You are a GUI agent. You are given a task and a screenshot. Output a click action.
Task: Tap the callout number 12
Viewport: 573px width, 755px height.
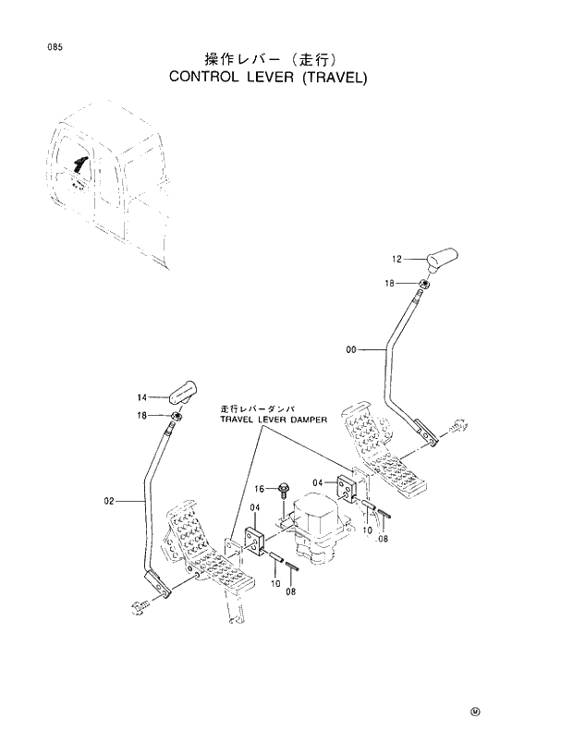pyautogui.click(x=397, y=259)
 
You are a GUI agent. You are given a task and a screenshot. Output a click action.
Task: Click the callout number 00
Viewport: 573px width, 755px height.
pyautogui.click(x=351, y=349)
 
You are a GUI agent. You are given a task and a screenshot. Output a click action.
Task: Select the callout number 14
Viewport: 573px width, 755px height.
pyautogui.click(x=141, y=396)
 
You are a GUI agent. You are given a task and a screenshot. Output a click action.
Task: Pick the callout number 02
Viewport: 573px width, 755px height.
pyautogui.click(x=109, y=501)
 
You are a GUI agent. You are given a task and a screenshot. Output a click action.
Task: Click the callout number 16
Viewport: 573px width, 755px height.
pyautogui.click(x=260, y=488)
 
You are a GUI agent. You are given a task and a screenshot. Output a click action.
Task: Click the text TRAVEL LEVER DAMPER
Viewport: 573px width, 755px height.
pyautogui.click(x=274, y=419)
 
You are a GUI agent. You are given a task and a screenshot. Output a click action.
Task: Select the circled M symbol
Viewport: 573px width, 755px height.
pyautogui.click(x=475, y=712)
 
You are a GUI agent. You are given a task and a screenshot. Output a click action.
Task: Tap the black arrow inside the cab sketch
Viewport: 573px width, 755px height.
pyautogui.click(x=80, y=166)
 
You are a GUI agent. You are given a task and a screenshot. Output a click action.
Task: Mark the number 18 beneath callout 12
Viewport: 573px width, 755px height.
pyautogui.click(x=391, y=284)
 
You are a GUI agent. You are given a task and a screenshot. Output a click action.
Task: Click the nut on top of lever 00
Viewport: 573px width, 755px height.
pyautogui.click(x=422, y=284)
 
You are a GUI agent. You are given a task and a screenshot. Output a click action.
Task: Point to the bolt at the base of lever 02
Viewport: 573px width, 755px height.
pyautogui.click(x=141, y=606)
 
